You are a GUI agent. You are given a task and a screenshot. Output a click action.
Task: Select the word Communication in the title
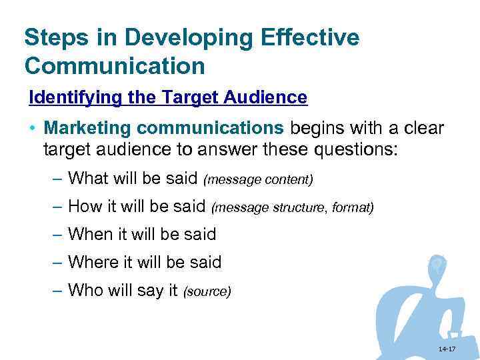114,67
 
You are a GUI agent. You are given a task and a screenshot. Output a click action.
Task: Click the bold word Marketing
83,127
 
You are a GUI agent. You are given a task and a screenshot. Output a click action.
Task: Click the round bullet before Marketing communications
33,128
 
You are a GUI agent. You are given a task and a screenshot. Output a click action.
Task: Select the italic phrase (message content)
258,179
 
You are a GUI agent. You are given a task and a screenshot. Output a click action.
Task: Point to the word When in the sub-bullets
91,234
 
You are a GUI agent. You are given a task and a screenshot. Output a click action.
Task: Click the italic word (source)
207,291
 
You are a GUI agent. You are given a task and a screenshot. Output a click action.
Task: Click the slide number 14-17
447,349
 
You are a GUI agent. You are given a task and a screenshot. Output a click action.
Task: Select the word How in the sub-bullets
84,207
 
